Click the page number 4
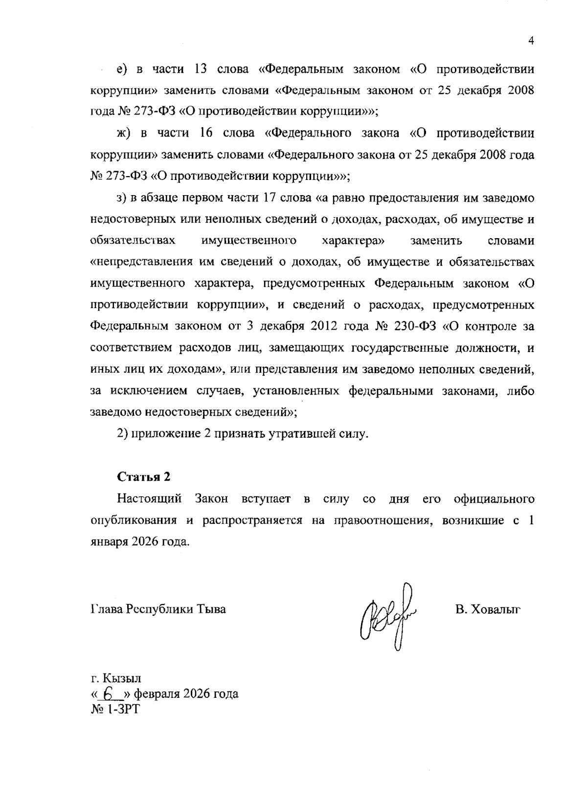pos(530,41)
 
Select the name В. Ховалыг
pos(487,609)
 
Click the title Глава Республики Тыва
pos(158,609)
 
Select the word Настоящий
pos(149,499)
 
